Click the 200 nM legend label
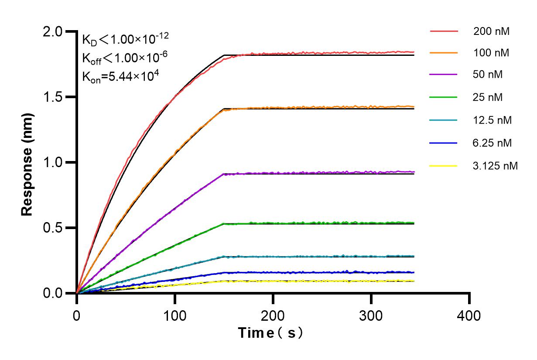(x=491, y=31)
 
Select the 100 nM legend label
(x=491, y=53)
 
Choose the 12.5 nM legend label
(x=493, y=120)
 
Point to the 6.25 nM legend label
(x=493, y=143)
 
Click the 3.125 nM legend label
(x=496, y=166)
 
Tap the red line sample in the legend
(x=444, y=31)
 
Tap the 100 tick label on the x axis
(x=175, y=315)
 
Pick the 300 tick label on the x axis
(x=371, y=315)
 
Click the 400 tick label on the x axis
(x=469, y=315)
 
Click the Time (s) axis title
(x=271, y=333)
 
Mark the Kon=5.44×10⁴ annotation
(x=120, y=76)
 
